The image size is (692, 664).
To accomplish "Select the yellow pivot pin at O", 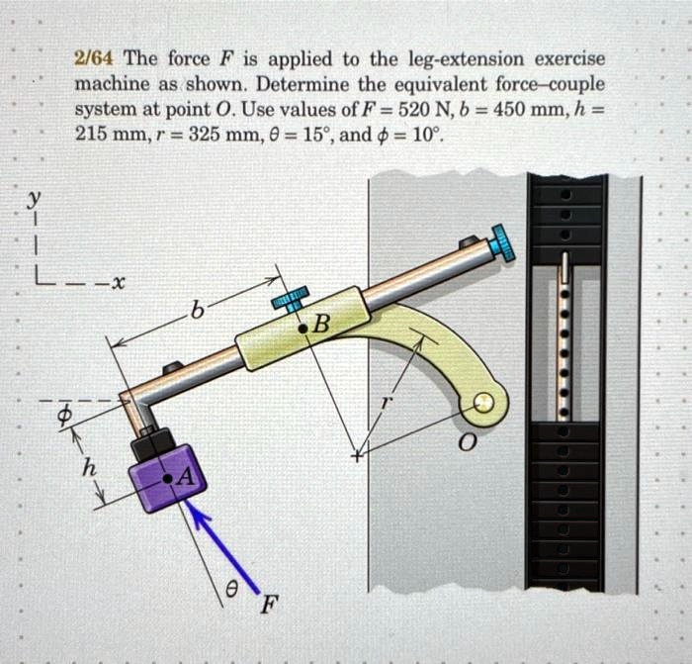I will (483, 403).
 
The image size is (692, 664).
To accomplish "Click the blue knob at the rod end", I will (504, 242).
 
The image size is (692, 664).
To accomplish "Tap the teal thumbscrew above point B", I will (291, 298).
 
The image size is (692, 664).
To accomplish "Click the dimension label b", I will (197, 315).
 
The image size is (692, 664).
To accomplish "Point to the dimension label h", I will (88, 470).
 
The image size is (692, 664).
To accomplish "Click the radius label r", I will (388, 404).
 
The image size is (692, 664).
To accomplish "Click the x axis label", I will (116, 285).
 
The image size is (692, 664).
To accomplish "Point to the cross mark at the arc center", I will (359, 457).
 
